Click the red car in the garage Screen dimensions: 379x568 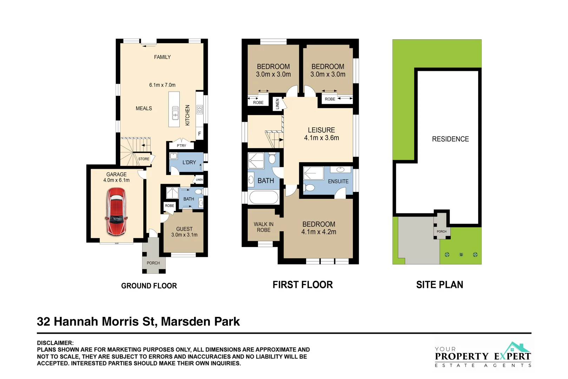[116, 211]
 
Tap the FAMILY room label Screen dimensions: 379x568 [162, 57]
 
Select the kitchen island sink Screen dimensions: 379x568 [175, 113]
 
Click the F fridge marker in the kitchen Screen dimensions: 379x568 [199, 134]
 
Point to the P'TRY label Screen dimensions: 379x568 [181, 146]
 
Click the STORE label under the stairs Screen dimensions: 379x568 [144, 159]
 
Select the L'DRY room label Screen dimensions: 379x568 [189, 162]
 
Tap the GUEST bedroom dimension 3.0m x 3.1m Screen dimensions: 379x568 [184, 235]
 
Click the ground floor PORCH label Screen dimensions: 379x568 [153, 263]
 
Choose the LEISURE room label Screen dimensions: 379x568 [321, 130]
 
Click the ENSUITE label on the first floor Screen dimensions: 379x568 [338, 181]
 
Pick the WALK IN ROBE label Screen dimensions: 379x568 [264, 227]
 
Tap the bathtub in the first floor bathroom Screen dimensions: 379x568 [264, 197]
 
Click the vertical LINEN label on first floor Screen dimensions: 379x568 [277, 104]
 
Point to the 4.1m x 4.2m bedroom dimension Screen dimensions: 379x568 [318, 232]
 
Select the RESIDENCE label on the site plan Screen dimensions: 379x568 [450, 139]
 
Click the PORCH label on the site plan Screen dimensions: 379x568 [441, 232]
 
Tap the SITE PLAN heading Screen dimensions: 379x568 [440, 285]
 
